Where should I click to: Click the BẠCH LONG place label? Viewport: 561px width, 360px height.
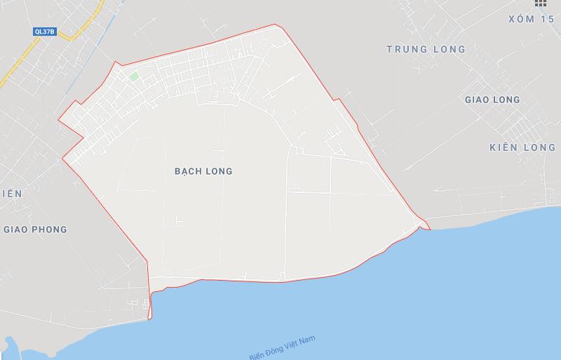coord(203,171)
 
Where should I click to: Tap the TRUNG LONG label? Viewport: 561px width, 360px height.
coord(426,49)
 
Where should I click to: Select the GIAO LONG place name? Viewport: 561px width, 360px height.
coord(492,100)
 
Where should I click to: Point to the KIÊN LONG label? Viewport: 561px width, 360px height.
coord(522,148)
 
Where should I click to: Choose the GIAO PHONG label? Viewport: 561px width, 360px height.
coord(35,229)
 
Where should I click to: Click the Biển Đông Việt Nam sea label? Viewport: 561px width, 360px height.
coord(287,346)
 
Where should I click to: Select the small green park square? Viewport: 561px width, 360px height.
coord(133,76)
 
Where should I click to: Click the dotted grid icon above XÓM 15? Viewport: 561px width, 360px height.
coord(540,3)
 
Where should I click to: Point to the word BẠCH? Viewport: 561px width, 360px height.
coord(187,171)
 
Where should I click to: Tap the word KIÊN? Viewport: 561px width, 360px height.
coord(503,148)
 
